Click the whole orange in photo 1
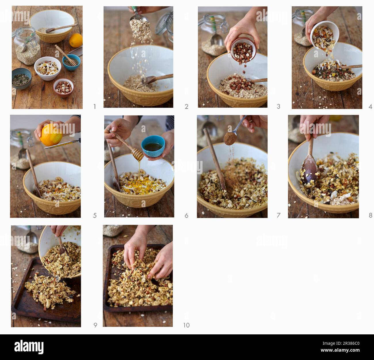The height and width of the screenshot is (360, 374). click(76, 40)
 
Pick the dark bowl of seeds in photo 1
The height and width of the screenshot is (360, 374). click(21, 78)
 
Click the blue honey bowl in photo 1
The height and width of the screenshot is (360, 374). click(71, 62)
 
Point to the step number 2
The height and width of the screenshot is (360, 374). click(186, 107)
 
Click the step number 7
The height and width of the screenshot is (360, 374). click(278, 215)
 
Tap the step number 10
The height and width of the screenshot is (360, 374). click(186, 325)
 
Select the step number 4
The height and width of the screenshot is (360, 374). click(370, 107)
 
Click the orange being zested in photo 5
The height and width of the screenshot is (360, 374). click(51, 135)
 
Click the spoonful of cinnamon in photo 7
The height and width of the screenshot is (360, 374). click(230, 139)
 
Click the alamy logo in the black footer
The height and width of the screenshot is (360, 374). click(29, 347)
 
